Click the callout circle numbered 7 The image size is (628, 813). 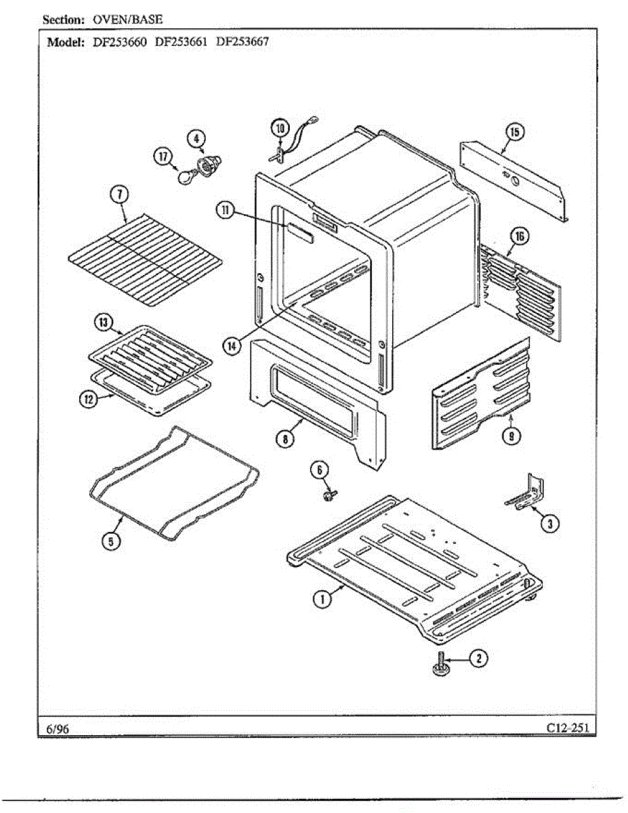click(x=119, y=195)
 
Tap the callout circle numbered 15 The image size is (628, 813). click(x=515, y=132)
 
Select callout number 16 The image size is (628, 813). click(x=519, y=236)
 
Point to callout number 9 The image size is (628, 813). click(x=513, y=436)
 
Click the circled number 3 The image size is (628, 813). click(x=549, y=522)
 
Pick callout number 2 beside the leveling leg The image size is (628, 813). click(x=478, y=658)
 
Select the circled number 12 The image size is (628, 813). click(x=87, y=399)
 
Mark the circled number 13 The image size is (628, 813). click(x=103, y=322)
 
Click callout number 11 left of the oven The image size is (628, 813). click(x=224, y=211)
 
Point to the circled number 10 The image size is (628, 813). click(x=280, y=127)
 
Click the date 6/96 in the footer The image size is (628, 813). click(x=58, y=728)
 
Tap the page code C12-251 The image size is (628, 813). click(x=568, y=728)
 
